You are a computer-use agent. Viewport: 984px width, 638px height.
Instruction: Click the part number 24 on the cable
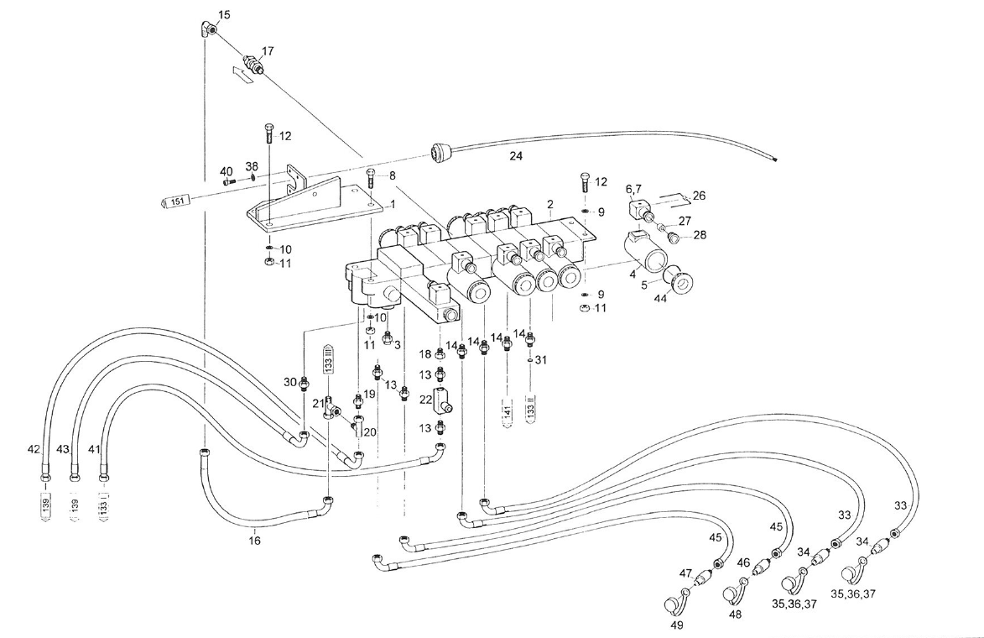[x=516, y=156]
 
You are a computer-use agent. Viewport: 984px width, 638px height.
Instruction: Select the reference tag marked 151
[x=177, y=201]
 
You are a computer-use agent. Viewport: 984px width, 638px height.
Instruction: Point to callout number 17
[x=268, y=52]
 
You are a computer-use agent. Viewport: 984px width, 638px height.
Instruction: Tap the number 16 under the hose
[x=254, y=541]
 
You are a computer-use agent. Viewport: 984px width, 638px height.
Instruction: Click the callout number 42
[x=34, y=450]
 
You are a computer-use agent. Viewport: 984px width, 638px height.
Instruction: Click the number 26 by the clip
[x=699, y=196]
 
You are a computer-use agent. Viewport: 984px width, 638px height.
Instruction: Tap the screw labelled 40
[x=228, y=179]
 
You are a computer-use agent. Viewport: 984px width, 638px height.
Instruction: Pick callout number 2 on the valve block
[x=549, y=204]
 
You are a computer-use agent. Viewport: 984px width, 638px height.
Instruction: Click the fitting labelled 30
[x=304, y=384]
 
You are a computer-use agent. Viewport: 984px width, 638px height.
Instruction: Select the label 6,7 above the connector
[x=634, y=190]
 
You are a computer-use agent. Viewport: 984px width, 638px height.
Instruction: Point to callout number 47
[x=685, y=573]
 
